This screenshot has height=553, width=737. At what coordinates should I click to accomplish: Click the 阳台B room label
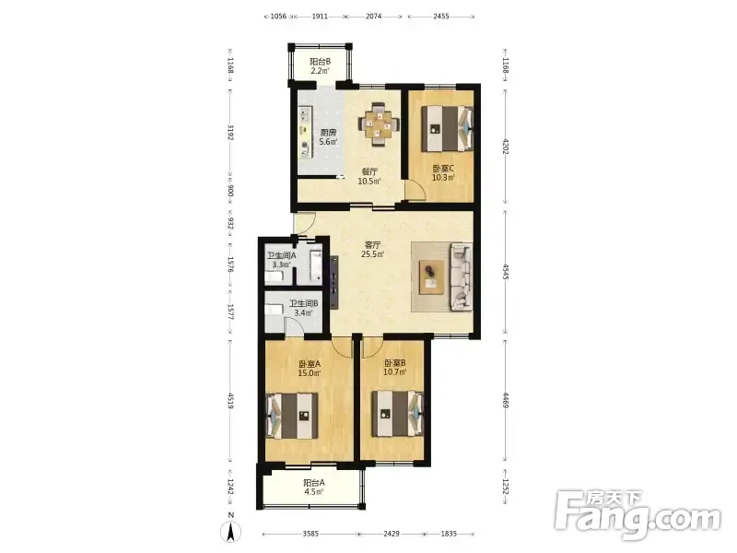tap(320, 62)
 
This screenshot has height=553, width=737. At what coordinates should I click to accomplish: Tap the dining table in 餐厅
tap(379, 124)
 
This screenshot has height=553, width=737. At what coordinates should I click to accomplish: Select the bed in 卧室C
tap(447, 128)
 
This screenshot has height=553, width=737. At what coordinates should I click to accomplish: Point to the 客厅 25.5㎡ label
tap(372, 250)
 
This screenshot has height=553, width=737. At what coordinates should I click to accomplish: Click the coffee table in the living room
tap(431, 277)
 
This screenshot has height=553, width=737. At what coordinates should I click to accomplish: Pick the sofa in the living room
tap(462, 277)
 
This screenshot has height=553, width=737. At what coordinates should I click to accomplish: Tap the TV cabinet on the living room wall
tap(334, 282)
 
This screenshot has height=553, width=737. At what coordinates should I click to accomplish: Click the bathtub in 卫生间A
tap(316, 266)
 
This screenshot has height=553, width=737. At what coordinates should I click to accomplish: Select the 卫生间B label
tap(304, 304)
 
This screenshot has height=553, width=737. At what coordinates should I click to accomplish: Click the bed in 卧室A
tap(292, 416)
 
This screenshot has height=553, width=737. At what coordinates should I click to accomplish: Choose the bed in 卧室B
tap(398, 414)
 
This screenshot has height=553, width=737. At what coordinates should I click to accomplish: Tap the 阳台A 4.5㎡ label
tap(313, 488)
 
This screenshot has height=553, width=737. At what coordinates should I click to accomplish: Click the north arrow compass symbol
tap(231, 529)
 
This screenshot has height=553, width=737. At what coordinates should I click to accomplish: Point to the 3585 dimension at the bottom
tap(310, 534)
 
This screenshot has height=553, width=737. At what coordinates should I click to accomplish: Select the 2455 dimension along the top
tap(441, 16)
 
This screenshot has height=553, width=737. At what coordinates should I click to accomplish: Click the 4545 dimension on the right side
tap(506, 272)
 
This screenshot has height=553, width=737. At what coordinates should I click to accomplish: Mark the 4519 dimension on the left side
tap(230, 401)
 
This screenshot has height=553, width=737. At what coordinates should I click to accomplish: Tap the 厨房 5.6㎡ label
tap(328, 136)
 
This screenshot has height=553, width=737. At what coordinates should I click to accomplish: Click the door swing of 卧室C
tap(416, 190)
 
